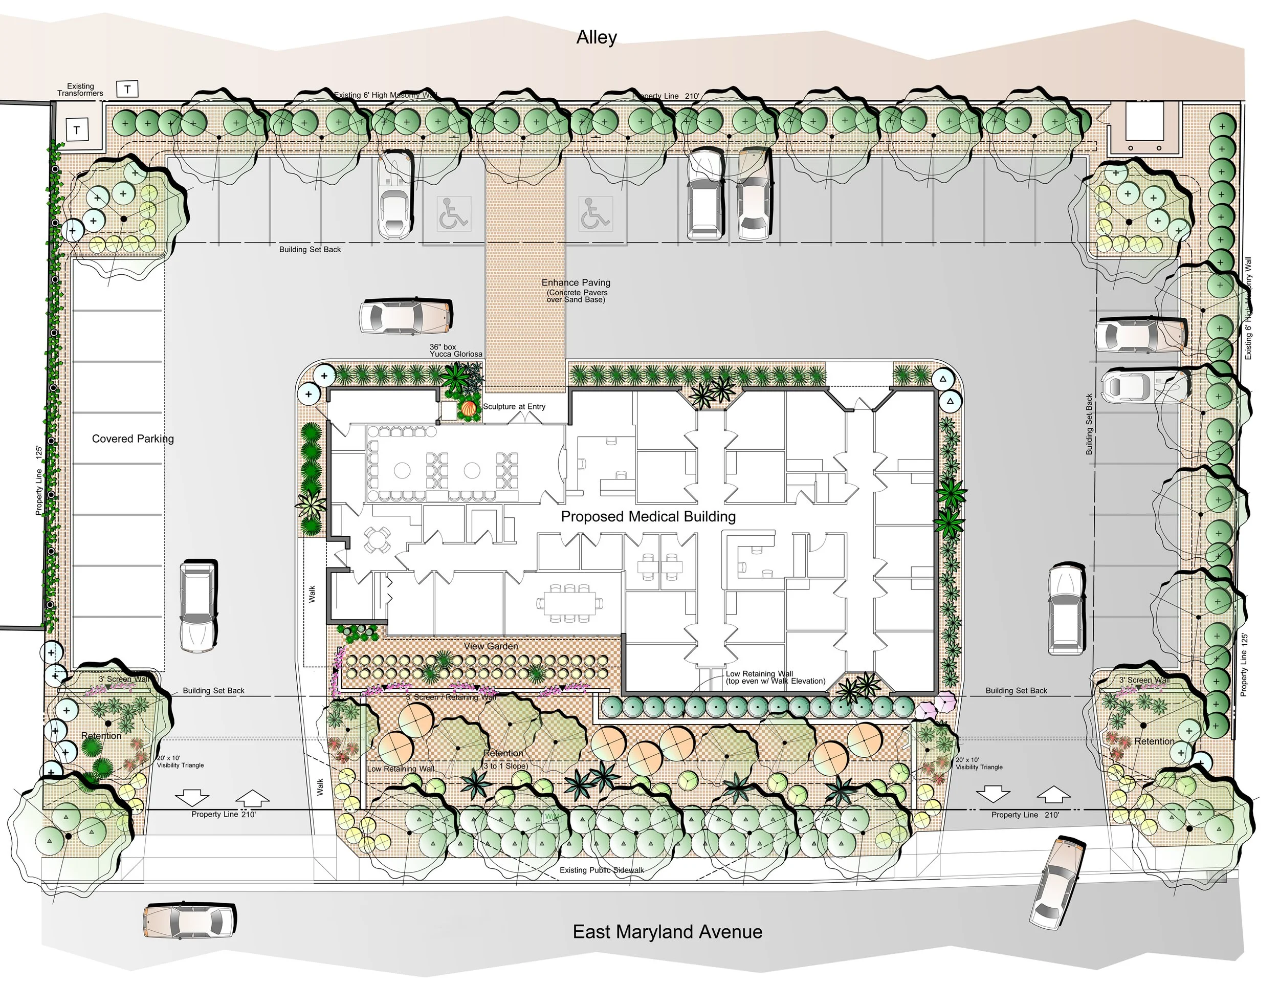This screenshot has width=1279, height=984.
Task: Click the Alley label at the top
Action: pos(596,37)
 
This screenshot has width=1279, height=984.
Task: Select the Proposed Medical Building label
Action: pos(648,517)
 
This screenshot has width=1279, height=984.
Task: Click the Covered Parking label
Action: pos(133,439)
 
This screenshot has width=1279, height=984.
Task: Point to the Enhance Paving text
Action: pos(576,283)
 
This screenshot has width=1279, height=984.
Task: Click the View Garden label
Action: pos(491,646)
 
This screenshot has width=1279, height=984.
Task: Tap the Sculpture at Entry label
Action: pos(514,406)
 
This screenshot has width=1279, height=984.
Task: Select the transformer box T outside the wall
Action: pos(128,89)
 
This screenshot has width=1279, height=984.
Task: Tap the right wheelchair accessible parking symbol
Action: pos(596,213)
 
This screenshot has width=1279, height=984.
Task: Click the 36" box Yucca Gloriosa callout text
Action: pos(456,351)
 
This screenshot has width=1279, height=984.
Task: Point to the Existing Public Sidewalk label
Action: pos(602,870)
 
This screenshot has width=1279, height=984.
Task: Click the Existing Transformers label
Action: pos(80,90)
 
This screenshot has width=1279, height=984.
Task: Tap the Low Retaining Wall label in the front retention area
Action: pos(401,769)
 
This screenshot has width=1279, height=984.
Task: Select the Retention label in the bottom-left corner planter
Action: pos(101,736)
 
